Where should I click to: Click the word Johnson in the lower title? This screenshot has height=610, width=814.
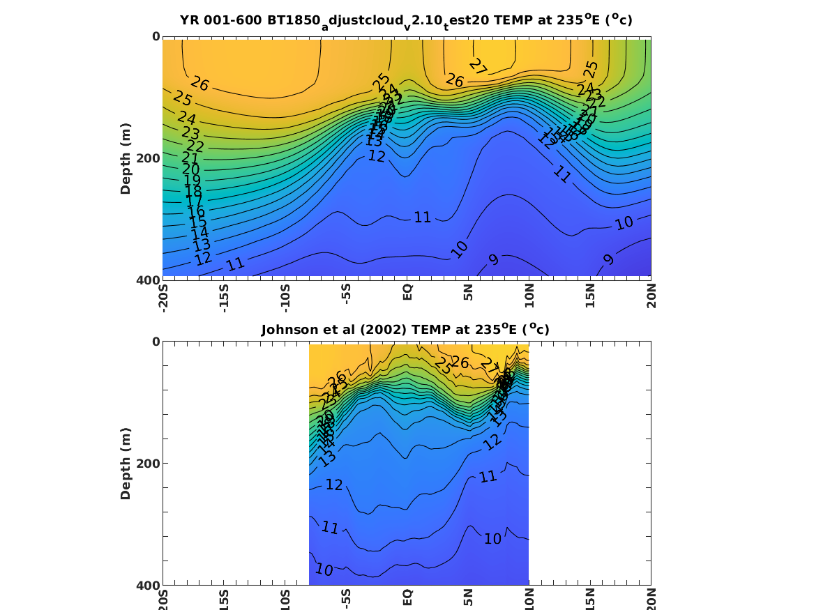point(287,330)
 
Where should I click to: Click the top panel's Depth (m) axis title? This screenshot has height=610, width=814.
point(126,158)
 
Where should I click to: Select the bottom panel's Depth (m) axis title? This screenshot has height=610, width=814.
point(126,463)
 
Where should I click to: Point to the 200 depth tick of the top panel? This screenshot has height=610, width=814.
point(148,158)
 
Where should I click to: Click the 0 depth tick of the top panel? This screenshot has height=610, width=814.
point(156,36)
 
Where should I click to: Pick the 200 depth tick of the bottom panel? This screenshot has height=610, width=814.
point(148,464)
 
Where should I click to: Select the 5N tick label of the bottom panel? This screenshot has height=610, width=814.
point(468,597)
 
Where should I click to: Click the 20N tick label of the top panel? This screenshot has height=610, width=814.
point(651,294)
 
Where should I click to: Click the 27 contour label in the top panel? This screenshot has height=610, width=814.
point(478,67)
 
